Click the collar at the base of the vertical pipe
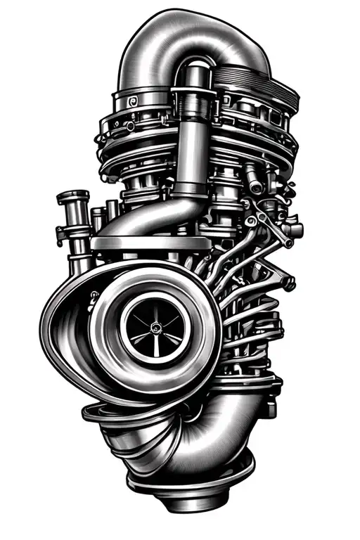pos(190,188)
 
